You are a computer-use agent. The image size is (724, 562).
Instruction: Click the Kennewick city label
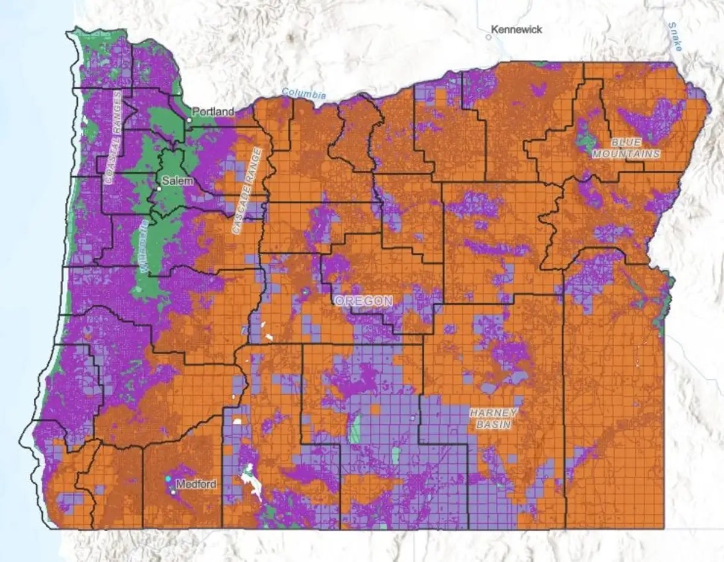(x=516, y=29)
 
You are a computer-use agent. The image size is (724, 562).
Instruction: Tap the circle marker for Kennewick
(x=488, y=36)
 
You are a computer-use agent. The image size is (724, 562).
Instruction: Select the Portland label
(x=213, y=112)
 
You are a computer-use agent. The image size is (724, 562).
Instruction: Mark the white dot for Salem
(x=159, y=189)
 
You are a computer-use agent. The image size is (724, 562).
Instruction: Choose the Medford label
(x=196, y=484)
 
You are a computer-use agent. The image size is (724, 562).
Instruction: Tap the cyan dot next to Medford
(x=168, y=479)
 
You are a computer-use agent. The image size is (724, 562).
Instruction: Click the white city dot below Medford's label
(x=173, y=492)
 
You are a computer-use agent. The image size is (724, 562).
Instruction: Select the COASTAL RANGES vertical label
(x=112, y=137)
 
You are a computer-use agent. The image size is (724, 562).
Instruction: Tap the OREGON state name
(x=364, y=301)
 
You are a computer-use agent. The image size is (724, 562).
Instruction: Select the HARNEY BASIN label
(x=494, y=418)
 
